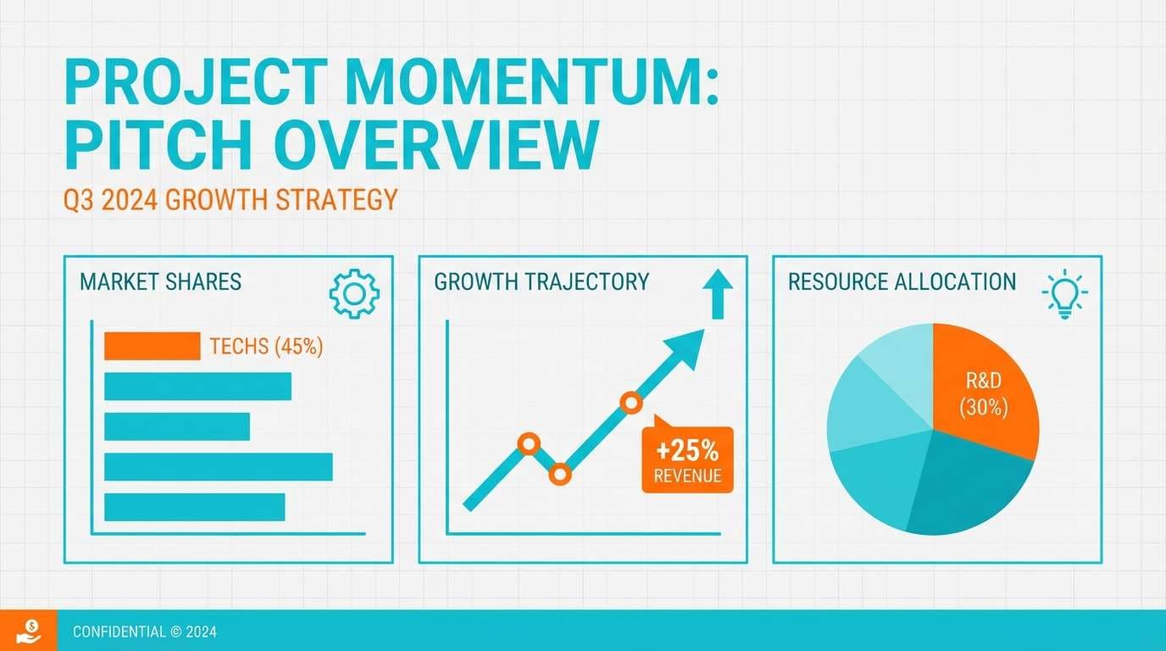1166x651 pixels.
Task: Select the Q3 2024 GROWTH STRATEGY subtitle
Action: pyautogui.click(x=230, y=200)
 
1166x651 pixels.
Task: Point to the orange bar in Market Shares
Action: pyautogui.click(x=152, y=346)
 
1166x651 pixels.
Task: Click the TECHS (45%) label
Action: pyautogui.click(x=266, y=347)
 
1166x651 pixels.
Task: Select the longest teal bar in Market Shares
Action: pyautogui.click(x=218, y=467)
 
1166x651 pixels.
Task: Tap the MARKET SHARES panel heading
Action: pyautogui.click(x=160, y=282)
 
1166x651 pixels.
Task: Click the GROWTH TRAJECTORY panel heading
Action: pyautogui.click(x=541, y=282)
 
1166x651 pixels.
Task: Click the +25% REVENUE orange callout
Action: pyautogui.click(x=687, y=459)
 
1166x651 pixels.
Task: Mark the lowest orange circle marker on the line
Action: pyautogui.click(x=559, y=474)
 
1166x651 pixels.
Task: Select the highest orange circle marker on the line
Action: pyautogui.click(x=630, y=403)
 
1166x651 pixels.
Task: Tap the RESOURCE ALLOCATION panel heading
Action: pyautogui.click(x=902, y=282)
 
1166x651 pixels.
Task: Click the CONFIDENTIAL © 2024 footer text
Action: pyautogui.click(x=145, y=632)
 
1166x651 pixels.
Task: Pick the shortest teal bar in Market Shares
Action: pyautogui.click(x=176, y=426)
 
